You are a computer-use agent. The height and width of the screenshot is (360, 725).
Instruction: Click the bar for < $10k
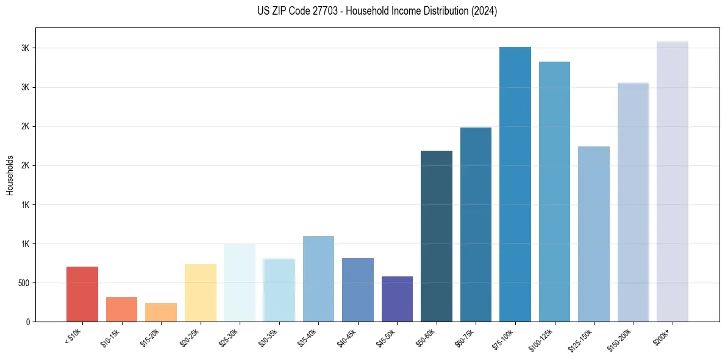82,294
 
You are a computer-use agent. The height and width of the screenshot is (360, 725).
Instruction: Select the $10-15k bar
121,309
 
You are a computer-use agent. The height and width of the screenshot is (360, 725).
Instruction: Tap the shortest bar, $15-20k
161,312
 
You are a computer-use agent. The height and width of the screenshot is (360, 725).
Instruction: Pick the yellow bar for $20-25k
201,293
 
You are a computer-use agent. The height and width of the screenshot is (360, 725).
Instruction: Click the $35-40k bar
318,279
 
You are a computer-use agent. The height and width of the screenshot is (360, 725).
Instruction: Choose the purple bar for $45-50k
397,299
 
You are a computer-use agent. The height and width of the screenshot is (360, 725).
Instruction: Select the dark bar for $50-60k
437,236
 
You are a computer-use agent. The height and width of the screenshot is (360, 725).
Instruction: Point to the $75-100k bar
515,184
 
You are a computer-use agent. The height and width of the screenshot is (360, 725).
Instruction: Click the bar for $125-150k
594,234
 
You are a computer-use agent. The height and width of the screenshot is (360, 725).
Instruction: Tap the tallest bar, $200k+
673,182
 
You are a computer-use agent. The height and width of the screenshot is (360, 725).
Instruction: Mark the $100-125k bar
554,192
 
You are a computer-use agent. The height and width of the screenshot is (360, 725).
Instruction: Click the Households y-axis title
10,175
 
